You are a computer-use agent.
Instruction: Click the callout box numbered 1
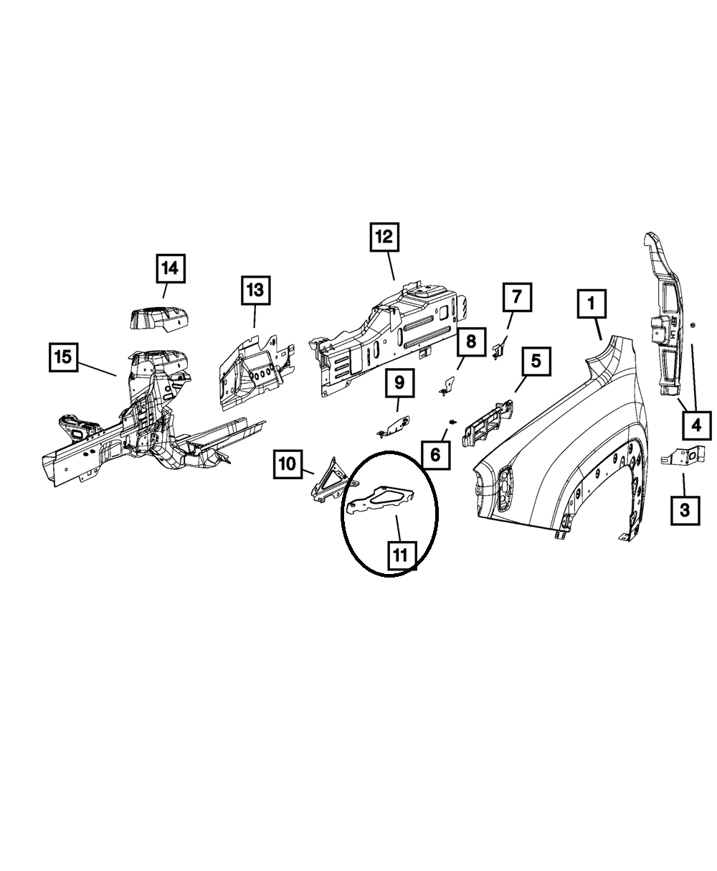pyautogui.click(x=592, y=304)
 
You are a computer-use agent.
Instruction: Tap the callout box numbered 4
pyautogui.click(x=695, y=425)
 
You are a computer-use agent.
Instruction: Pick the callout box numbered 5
pyautogui.click(x=536, y=362)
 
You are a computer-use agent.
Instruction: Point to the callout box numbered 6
pyautogui.click(x=435, y=453)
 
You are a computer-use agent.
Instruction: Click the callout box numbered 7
pyautogui.click(x=517, y=297)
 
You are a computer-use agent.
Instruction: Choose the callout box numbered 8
pyautogui.click(x=470, y=342)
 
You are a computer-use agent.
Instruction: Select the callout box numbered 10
pyautogui.click(x=287, y=464)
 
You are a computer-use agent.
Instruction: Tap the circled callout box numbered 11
pyautogui.click(x=401, y=555)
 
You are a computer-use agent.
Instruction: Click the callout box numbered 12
pyautogui.click(x=384, y=237)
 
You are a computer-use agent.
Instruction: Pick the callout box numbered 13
pyautogui.click(x=255, y=291)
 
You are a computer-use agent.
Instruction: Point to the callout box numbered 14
pyautogui.click(x=169, y=268)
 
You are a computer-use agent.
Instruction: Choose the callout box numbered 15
pyautogui.click(x=64, y=356)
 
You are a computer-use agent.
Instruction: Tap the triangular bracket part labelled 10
pyautogui.click(x=328, y=478)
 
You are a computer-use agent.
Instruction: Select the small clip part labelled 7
pyautogui.click(x=500, y=349)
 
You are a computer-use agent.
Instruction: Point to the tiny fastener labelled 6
pyautogui.click(x=452, y=421)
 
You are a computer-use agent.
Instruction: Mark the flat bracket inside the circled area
pyautogui.click(x=381, y=498)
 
